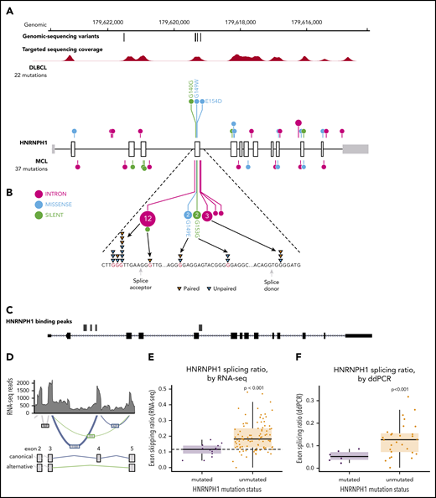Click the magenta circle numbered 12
(x=148, y=219)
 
